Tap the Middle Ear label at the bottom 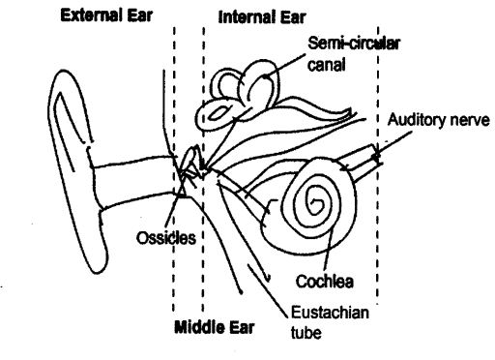(x=214, y=326)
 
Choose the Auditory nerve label (x=440, y=121)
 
